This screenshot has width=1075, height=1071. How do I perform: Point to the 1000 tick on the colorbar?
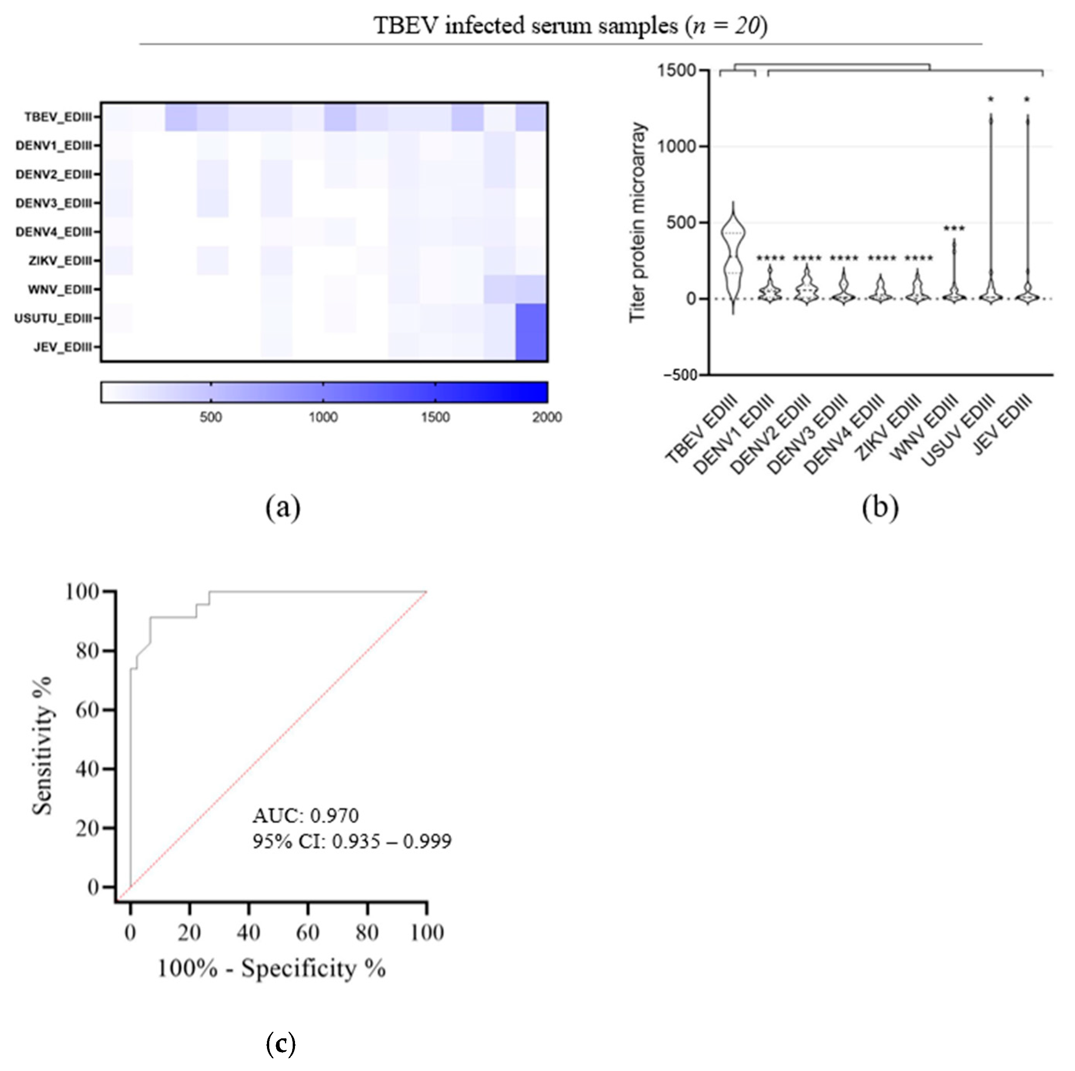pyautogui.click(x=323, y=417)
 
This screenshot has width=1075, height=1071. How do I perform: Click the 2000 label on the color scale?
pyautogui.click(x=547, y=417)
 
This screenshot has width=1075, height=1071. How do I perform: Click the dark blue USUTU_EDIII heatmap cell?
pyautogui.click(x=532, y=318)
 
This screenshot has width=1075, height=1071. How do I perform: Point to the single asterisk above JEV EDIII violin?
pyautogui.click(x=1027, y=100)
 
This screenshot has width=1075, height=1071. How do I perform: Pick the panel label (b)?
pyautogui.click(x=880, y=507)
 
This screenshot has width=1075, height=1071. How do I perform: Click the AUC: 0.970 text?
pyautogui.click(x=305, y=816)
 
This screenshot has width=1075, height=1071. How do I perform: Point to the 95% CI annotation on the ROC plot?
pyautogui.click(x=352, y=841)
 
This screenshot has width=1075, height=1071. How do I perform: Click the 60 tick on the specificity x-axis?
pyautogui.click(x=308, y=933)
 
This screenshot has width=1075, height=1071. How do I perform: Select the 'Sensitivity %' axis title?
pyautogui.click(x=42, y=746)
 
